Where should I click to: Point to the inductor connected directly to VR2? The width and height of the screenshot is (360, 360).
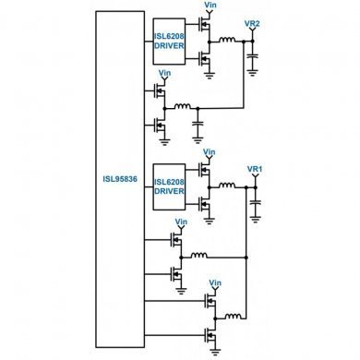(x=223, y=40)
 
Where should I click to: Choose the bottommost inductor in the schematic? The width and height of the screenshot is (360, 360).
(x=234, y=316)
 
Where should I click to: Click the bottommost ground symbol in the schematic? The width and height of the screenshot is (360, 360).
(x=215, y=352)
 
